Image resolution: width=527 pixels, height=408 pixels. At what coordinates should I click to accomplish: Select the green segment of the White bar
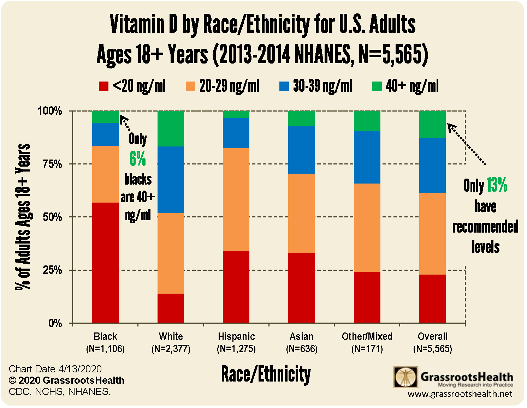[x=171, y=128]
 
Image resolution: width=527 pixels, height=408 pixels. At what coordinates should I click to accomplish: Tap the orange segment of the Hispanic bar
[x=236, y=199]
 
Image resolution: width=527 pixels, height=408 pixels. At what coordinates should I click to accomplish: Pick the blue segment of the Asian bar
[x=301, y=150]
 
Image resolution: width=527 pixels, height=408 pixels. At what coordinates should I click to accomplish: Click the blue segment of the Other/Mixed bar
[x=367, y=157]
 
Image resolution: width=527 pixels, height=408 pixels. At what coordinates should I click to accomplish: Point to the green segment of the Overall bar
[x=432, y=124]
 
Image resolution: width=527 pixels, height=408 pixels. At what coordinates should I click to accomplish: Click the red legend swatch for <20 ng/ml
[x=103, y=86]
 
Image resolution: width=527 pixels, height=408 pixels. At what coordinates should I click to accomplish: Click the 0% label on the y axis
[x=55, y=323]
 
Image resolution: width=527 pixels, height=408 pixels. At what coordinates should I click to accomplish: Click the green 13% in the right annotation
[x=497, y=185]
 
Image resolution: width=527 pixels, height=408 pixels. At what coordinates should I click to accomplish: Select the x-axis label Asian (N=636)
[x=301, y=342]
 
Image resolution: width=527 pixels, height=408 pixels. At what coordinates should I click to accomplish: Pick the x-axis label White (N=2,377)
[x=171, y=342]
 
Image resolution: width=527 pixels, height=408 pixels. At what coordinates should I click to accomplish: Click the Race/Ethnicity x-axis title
[x=266, y=374]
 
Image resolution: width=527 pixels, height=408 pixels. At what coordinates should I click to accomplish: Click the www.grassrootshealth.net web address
[x=460, y=394]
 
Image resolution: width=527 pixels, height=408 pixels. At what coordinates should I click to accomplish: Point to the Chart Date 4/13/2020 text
[x=55, y=369]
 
